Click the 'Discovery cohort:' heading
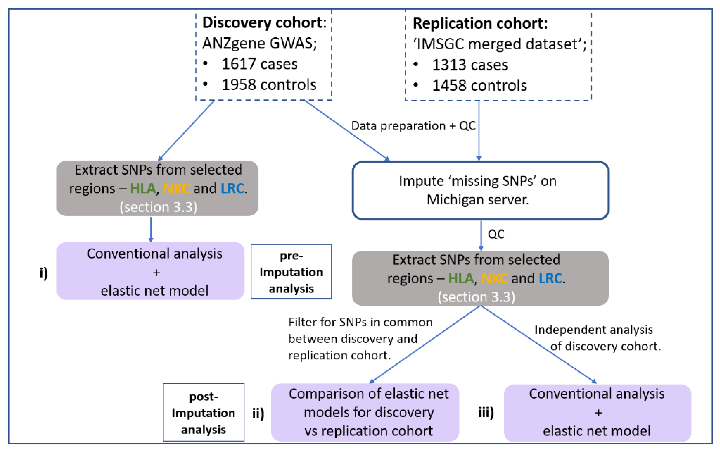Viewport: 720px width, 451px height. coord(264,23)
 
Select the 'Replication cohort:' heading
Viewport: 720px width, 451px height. coord(480,24)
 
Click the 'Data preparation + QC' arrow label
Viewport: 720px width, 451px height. coord(413,126)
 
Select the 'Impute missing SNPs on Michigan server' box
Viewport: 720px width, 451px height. coord(480,190)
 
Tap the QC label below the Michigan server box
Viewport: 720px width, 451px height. coord(496,234)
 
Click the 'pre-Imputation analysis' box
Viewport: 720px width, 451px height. coord(291,272)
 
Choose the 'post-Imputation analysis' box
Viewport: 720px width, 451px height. coord(203,413)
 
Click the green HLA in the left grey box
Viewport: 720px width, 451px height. coord(143,188)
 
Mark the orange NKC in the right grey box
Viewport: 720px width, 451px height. coord(494,279)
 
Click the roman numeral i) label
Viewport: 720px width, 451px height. coord(44,273)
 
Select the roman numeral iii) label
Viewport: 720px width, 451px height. coord(486,413)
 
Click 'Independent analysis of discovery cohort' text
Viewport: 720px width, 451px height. coord(597,338)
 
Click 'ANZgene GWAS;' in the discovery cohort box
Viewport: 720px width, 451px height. coord(259,44)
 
